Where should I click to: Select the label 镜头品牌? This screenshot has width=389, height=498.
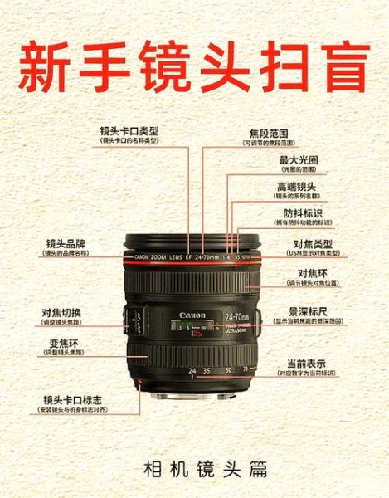tap(66, 244)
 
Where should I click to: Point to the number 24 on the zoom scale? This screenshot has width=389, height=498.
tap(192, 370)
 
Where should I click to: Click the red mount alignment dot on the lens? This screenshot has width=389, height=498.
tap(141, 382)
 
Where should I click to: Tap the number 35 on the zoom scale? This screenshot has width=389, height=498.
tap(207, 370)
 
